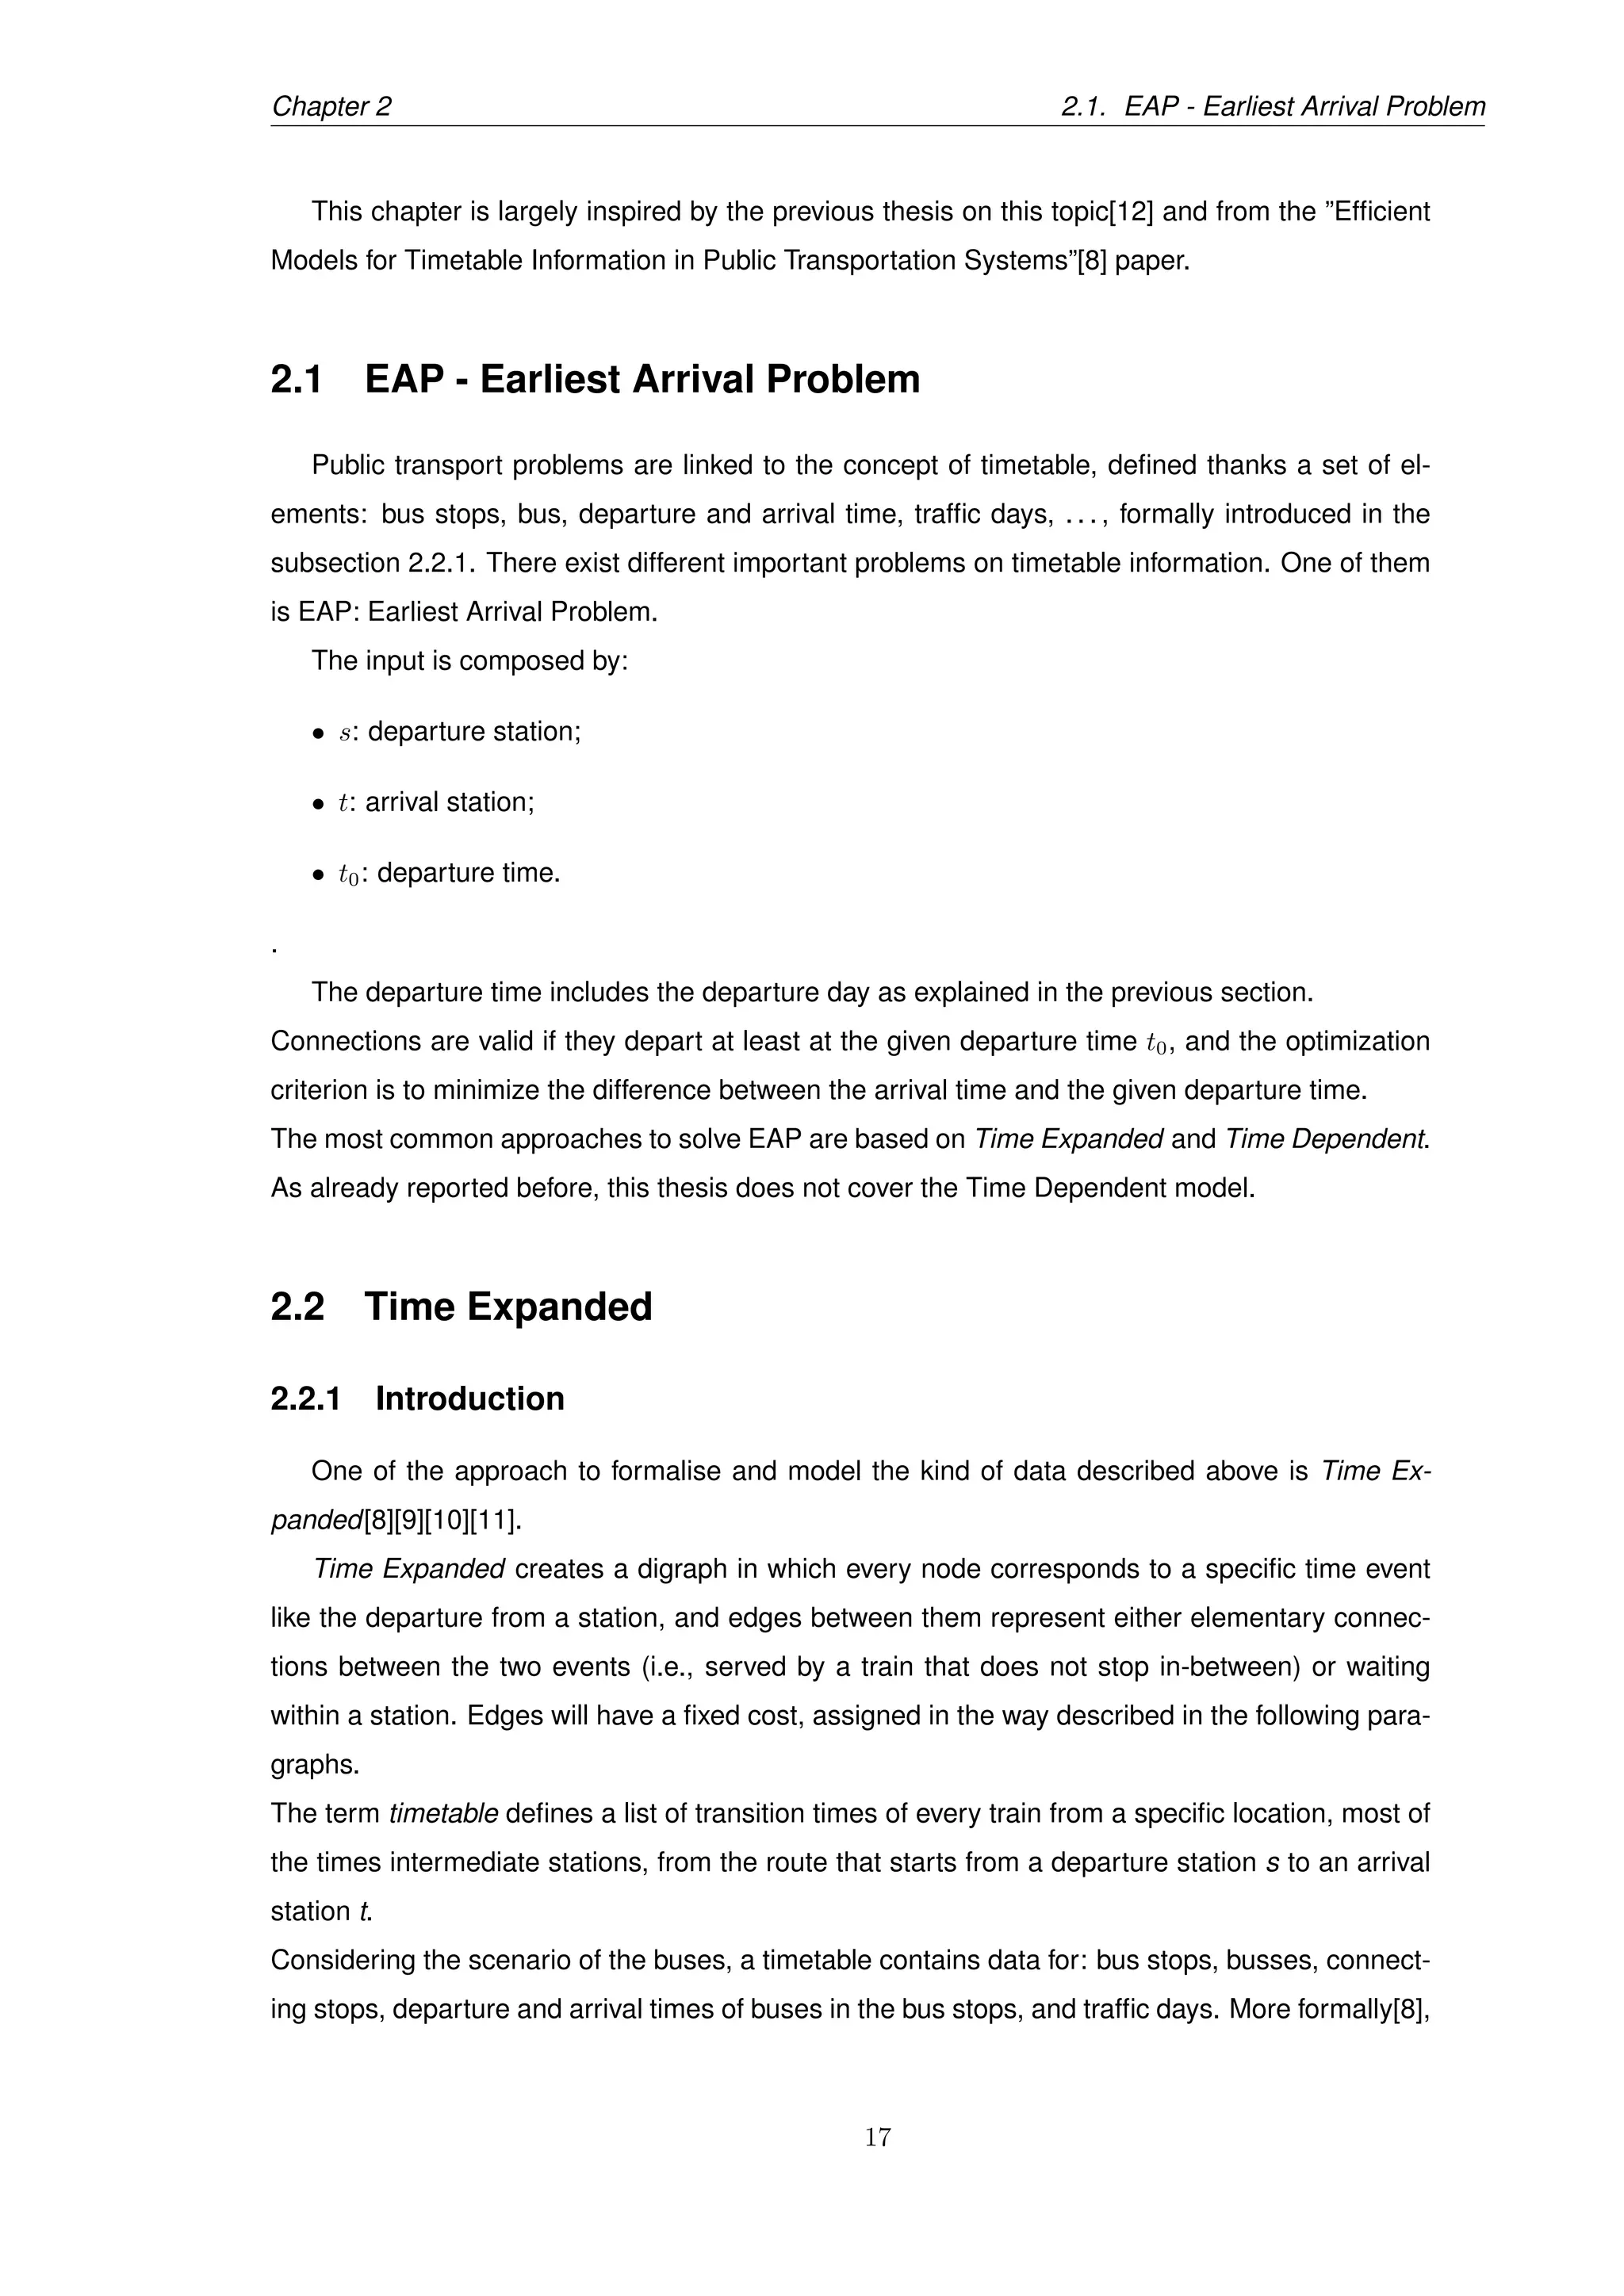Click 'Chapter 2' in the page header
331,107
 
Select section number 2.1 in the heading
296,380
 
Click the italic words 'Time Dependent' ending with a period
1326,1139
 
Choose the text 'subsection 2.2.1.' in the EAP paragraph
373,563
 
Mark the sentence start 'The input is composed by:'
469,661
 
